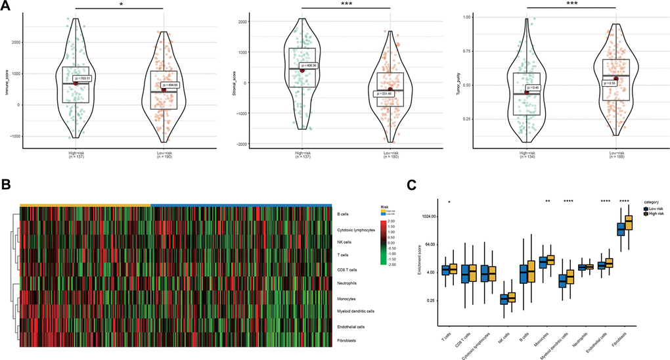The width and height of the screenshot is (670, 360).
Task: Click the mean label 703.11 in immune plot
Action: [87, 78]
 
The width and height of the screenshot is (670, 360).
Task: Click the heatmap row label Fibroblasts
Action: [351, 340]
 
